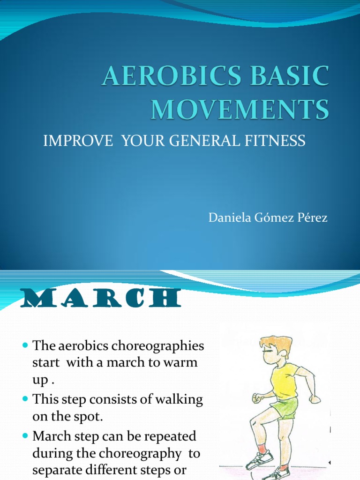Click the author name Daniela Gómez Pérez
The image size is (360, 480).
[268, 218]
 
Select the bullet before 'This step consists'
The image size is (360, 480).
[25, 400]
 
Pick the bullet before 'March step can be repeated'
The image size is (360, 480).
[25, 435]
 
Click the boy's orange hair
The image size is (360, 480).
[276, 344]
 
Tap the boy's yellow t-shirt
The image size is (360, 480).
[284, 380]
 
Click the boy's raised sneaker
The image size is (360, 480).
[259, 460]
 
